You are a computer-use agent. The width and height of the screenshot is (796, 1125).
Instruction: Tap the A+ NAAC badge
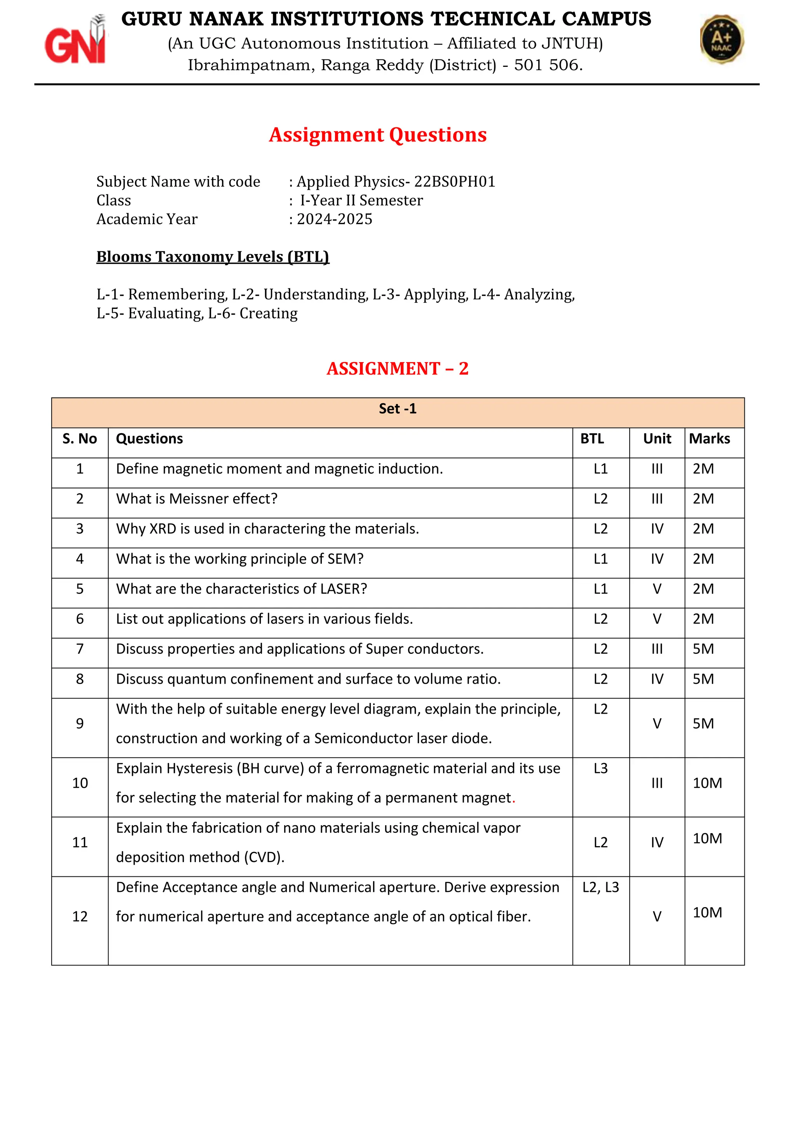pos(721,39)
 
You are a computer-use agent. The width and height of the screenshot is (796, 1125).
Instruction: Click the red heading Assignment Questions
pos(377,135)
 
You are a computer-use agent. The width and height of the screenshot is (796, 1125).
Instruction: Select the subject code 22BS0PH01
pos(454,182)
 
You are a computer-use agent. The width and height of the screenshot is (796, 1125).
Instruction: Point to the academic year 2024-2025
pos(334,219)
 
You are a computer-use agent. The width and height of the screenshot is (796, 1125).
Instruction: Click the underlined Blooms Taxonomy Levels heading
pos(213,257)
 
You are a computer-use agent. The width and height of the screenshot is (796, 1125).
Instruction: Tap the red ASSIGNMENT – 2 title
pos(398,369)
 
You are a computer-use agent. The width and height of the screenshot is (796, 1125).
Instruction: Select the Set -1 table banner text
pos(398,409)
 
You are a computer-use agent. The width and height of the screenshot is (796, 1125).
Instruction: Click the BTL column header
pos(592,439)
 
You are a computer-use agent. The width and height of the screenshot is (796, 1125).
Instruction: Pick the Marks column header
pos(709,439)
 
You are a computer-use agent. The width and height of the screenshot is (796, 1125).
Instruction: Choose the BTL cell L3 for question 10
pos(600,768)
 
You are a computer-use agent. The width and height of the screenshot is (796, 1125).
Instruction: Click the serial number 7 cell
pos(80,649)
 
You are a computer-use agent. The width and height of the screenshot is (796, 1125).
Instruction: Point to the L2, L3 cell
pos(600,887)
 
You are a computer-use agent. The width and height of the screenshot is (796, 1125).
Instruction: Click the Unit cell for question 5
pos(657,589)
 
